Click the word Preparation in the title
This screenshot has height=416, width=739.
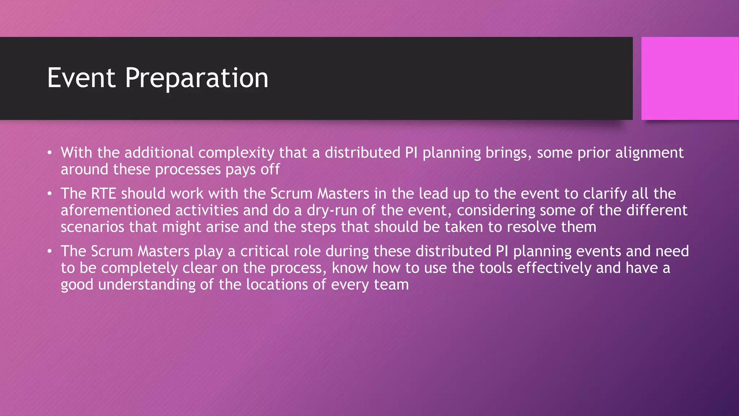coord(196,78)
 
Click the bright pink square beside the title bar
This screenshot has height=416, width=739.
coord(690,78)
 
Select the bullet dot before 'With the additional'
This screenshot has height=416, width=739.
coord(50,153)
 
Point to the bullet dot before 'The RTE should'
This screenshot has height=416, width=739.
coord(50,194)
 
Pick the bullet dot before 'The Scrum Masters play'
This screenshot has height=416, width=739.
coord(50,251)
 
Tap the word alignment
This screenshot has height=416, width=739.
coord(649,153)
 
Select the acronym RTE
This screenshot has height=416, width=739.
coord(103,194)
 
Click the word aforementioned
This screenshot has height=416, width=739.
coord(115,210)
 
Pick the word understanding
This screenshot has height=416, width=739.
coord(147,285)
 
